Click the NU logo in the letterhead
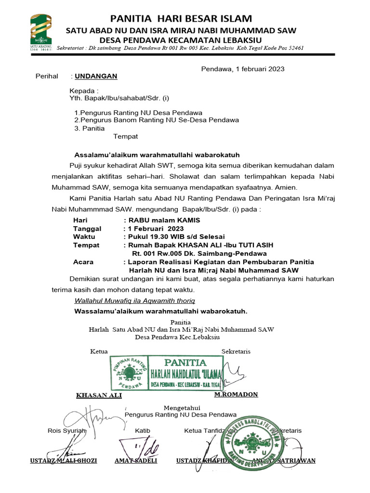41,34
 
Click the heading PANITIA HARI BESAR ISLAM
181,19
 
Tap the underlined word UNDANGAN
96,77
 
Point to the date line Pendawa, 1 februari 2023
242,69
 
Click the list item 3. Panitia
89,129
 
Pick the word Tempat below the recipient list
125,137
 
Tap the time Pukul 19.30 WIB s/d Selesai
173,237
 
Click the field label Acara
83,262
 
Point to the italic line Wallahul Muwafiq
134,301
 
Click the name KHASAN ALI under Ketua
99,395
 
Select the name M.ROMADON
236,394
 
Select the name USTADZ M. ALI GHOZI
63,461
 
